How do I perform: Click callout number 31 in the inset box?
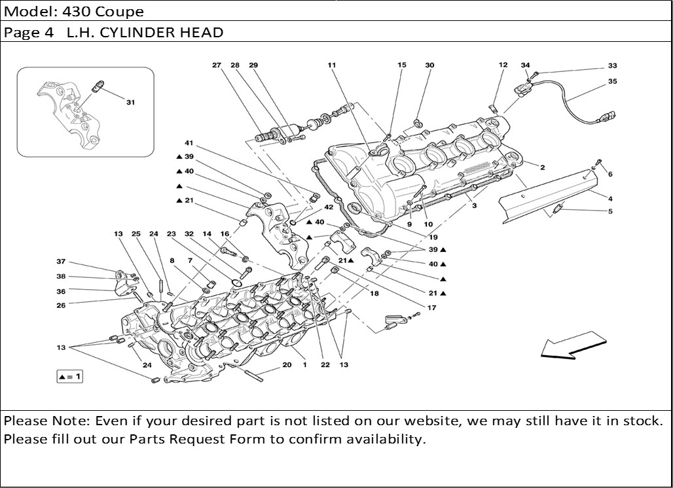coord(130,103)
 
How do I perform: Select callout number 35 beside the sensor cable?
coord(612,82)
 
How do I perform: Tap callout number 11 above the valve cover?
coord(332,65)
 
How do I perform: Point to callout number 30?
coord(429,65)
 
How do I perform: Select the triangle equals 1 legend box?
coord(69,377)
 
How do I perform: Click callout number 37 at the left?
coord(61,262)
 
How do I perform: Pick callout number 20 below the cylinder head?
coord(287,365)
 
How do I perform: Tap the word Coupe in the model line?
coord(121,12)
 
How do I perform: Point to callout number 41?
coord(189,143)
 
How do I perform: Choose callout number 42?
coord(329,207)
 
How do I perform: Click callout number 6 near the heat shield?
coord(610,175)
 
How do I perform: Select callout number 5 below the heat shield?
coord(610,211)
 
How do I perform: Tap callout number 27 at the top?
coord(217,65)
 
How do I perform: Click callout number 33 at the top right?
coord(612,66)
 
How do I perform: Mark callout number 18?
coord(374,294)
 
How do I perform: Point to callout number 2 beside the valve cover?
coord(543,167)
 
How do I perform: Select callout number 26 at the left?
coord(61,305)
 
